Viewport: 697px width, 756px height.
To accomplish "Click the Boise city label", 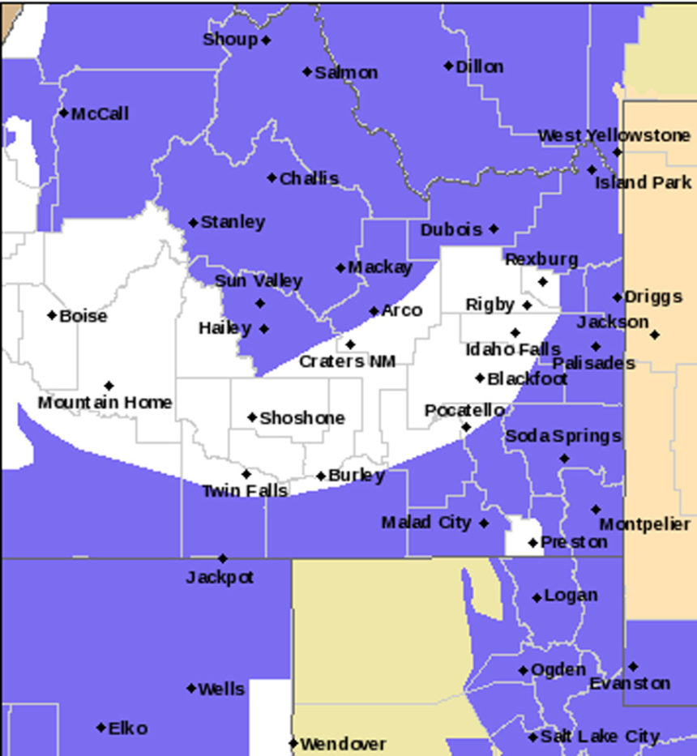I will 83,316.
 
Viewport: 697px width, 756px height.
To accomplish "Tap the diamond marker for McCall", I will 64,113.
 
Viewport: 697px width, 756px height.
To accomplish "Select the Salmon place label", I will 346,72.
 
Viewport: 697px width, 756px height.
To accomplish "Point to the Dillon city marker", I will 448,66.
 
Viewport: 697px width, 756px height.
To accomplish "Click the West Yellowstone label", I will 614,135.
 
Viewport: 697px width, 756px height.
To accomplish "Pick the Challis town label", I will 309,178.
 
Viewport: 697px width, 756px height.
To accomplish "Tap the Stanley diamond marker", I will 193,223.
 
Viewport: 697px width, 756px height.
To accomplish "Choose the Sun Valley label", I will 259,281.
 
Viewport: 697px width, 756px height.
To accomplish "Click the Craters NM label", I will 348,361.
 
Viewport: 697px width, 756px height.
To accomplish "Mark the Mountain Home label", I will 105,402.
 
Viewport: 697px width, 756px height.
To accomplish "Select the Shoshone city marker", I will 252,417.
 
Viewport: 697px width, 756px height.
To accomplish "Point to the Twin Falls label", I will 244,491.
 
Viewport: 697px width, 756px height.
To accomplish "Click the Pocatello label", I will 464,411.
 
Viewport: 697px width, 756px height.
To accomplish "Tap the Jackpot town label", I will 220,578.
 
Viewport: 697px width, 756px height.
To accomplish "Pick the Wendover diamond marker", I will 293,743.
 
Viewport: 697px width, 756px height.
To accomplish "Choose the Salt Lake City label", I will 600,737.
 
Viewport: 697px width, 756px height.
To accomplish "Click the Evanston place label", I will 629,684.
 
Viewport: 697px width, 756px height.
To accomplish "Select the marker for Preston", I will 532,542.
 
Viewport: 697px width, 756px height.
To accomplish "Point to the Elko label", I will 128,728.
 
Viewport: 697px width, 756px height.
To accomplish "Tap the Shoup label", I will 230,39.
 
